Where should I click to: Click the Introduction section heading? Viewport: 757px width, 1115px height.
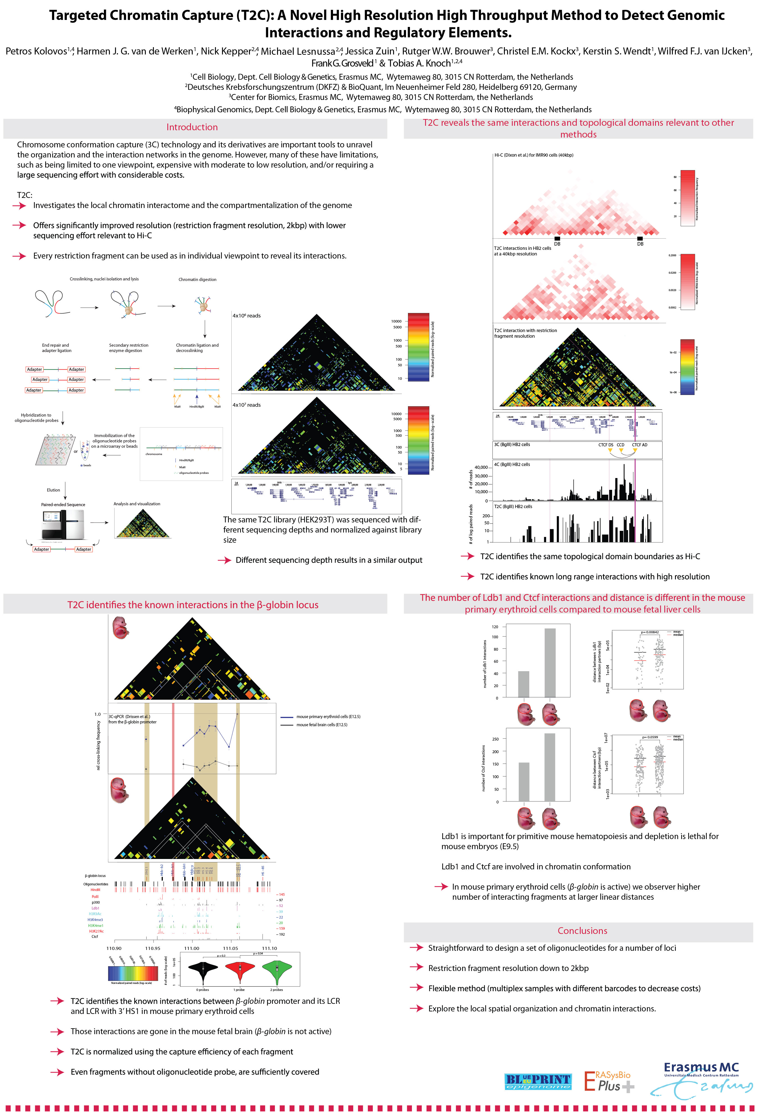192,127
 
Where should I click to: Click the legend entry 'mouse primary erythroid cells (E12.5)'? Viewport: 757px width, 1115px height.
328,717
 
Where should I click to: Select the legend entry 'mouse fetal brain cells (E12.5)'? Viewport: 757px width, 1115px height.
322,725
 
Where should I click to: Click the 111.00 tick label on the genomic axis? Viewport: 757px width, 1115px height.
191,948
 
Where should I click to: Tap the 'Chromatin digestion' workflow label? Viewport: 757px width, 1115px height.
197,279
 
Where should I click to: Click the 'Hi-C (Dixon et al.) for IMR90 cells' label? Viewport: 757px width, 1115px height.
533,155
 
